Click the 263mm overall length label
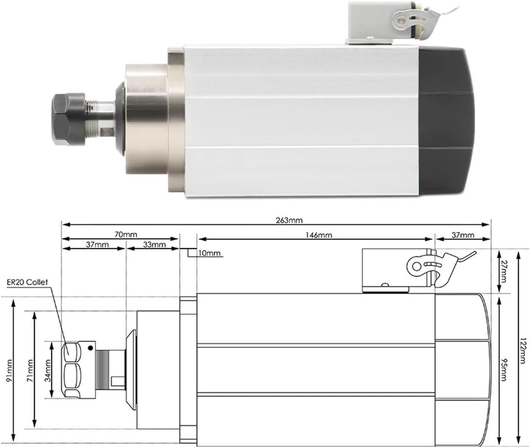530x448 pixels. coord(289,220)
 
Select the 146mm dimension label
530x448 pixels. coord(319,235)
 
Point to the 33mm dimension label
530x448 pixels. coord(154,244)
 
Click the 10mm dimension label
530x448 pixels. coord(209,253)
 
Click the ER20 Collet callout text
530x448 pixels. coord(27,282)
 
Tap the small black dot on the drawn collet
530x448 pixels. coord(89,349)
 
